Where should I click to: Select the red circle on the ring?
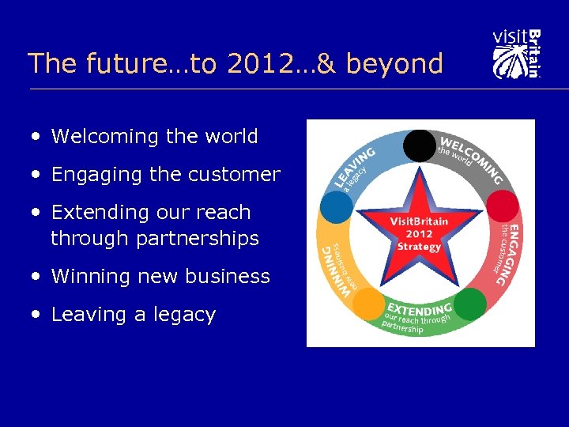[x=502, y=206]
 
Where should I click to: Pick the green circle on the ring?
[x=470, y=304]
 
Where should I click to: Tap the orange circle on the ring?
[x=367, y=304]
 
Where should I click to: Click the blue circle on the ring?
[x=337, y=206]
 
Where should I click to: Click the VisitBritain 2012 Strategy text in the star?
[x=419, y=234]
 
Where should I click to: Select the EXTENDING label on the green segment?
[x=420, y=308]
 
